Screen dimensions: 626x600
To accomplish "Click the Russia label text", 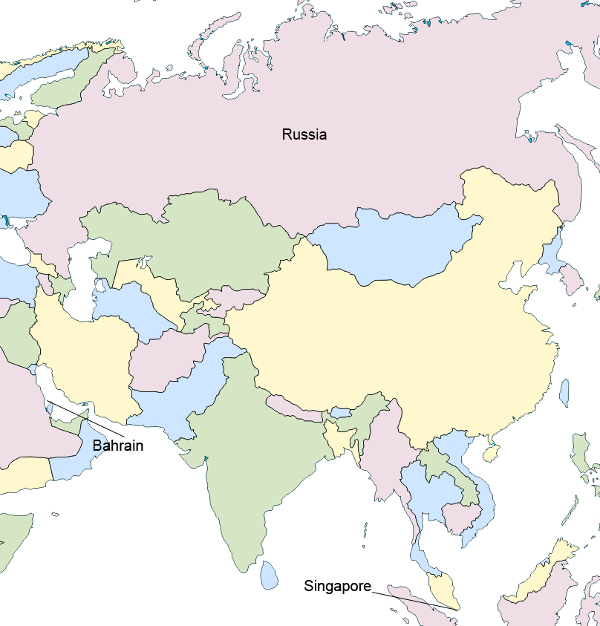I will click(x=304, y=134).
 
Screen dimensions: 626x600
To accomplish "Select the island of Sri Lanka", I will click(x=270, y=574).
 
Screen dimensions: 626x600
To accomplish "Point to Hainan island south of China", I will click(x=490, y=449).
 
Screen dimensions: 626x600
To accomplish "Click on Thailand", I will click(x=423, y=490).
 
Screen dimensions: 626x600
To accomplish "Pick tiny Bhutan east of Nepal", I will click(x=341, y=412).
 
